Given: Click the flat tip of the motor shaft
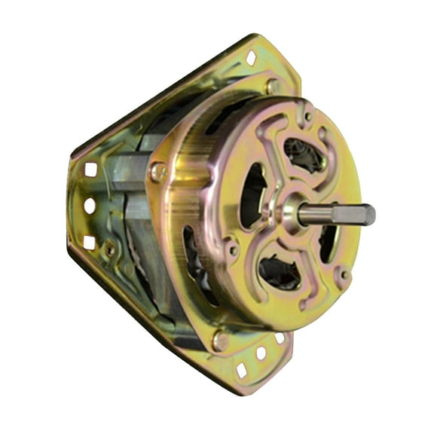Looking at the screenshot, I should coord(368,214).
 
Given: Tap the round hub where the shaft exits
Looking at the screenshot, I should coord(291,212).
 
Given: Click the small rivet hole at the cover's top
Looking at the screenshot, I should coord(307,117).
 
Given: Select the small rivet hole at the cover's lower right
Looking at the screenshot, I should coord(344,275).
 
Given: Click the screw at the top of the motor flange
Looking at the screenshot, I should coord(270,86).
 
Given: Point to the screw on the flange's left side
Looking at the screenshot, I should coord(157,173).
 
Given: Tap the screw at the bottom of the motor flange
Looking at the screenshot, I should coord(220,341).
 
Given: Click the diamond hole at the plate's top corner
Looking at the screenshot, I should coord(251,58).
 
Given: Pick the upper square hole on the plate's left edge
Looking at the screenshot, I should coord(90,170).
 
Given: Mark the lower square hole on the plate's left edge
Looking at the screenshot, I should coord(89,242).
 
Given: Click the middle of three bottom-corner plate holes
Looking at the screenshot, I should coord(261,353).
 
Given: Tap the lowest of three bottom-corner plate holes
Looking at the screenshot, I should coord(241,370).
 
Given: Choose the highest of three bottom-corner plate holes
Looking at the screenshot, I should coord(280,338).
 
